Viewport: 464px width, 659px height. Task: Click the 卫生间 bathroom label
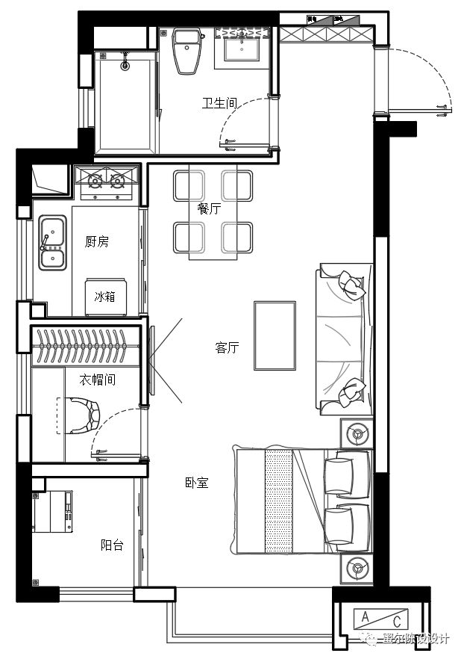[x=219, y=104]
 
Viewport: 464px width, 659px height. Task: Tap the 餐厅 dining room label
[x=209, y=208]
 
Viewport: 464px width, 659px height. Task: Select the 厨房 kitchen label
[x=97, y=241]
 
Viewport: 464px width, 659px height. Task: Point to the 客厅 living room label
[x=227, y=347]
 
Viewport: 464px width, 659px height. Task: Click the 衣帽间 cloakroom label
[x=98, y=380]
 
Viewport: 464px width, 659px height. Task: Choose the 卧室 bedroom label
[x=196, y=483]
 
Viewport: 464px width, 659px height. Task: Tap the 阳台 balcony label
[x=112, y=545]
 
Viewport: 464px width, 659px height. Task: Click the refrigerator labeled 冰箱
[x=104, y=297]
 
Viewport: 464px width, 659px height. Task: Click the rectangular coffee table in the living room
[x=275, y=335]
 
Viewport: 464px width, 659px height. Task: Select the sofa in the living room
[x=345, y=338]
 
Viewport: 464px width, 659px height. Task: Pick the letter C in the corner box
[x=397, y=620]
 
